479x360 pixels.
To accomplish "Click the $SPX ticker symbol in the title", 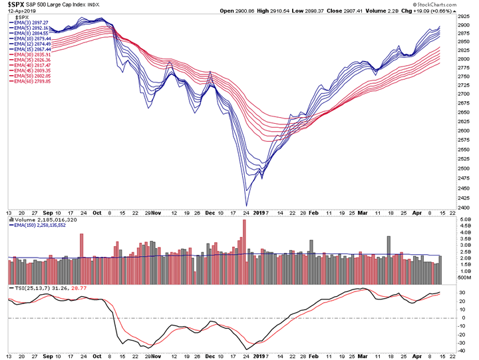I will coord(16,4).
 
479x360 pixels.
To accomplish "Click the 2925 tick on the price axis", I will coord(463,13).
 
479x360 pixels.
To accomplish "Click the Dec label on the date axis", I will coord(210,212).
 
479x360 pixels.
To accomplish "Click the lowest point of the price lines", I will coord(246,206).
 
